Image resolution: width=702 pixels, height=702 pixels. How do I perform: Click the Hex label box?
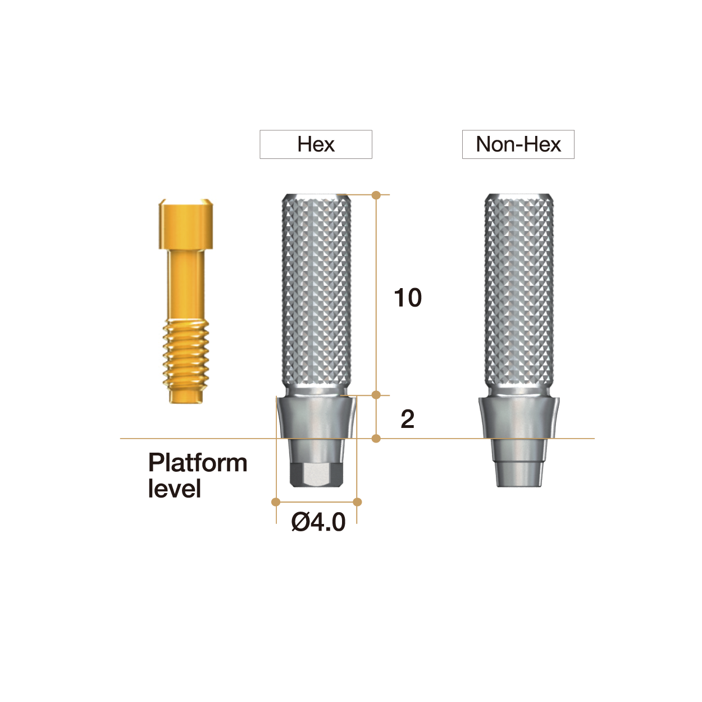[316, 144]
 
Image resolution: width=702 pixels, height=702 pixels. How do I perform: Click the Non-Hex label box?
[518, 144]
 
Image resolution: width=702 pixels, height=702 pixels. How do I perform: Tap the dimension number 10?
[408, 298]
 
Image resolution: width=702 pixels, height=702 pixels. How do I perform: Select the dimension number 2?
[408, 419]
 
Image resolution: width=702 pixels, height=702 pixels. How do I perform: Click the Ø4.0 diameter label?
[318, 522]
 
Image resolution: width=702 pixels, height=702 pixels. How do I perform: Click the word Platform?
[198, 463]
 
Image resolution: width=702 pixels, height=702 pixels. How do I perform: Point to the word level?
[174, 489]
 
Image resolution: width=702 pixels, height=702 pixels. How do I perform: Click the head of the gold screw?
[186, 224]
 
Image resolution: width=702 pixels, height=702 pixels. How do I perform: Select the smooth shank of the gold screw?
[186, 284]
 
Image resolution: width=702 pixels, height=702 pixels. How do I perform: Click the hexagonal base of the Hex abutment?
[316, 475]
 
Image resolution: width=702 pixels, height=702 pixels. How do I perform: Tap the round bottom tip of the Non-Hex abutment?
[519, 475]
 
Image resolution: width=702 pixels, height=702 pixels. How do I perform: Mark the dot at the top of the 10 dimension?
[376, 195]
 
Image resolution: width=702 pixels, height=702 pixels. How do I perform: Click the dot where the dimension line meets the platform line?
[376, 438]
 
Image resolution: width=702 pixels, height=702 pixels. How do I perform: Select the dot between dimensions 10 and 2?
[376, 395]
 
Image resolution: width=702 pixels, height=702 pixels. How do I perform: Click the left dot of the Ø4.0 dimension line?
[276, 502]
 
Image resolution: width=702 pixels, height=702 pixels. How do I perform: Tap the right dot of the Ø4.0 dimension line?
[358, 502]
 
